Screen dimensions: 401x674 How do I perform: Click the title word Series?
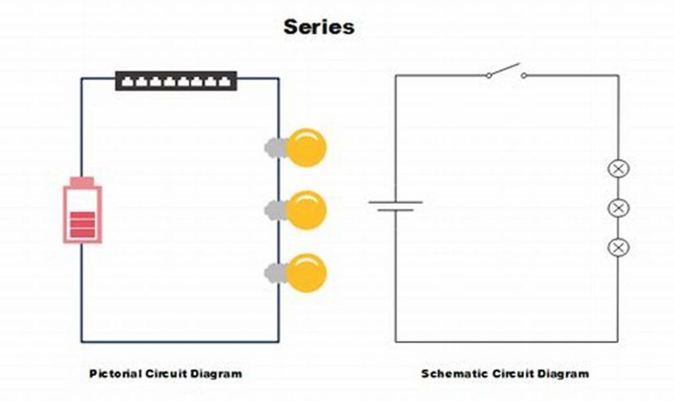pyautogui.click(x=319, y=27)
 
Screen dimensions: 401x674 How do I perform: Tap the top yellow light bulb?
pyautogui.click(x=307, y=147)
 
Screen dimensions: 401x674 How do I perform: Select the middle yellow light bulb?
pyautogui.click(x=307, y=210)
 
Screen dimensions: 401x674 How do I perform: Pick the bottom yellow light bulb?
pyautogui.click(x=307, y=273)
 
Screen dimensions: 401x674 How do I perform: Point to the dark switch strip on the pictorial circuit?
pyautogui.click(x=176, y=81)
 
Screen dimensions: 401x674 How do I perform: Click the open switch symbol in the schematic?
pyautogui.click(x=505, y=72)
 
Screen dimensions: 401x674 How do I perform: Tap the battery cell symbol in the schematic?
pyautogui.click(x=396, y=206)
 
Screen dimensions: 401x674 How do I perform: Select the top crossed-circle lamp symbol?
pyautogui.click(x=618, y=169)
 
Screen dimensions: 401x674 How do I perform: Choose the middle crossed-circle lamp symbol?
pyautogui.click(x=618, y=208)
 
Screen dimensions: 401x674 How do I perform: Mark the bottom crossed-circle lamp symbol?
pyautogui.click(x=618, y=248)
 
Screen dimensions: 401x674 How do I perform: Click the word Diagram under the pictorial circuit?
pyautogui.click(x=218, y=373)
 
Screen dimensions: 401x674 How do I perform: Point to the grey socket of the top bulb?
pyautogui.click(x=275, y=147)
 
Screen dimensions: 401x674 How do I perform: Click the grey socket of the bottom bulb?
pyautogui.click(x=275, y=273)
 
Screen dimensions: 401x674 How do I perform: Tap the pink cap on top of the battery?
pyautogui.click(x=82, y=182)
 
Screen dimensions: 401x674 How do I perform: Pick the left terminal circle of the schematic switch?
pyautogui.click(x=488, y=75)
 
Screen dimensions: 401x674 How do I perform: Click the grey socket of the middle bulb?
pyautogui.click(x=275, y=210)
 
